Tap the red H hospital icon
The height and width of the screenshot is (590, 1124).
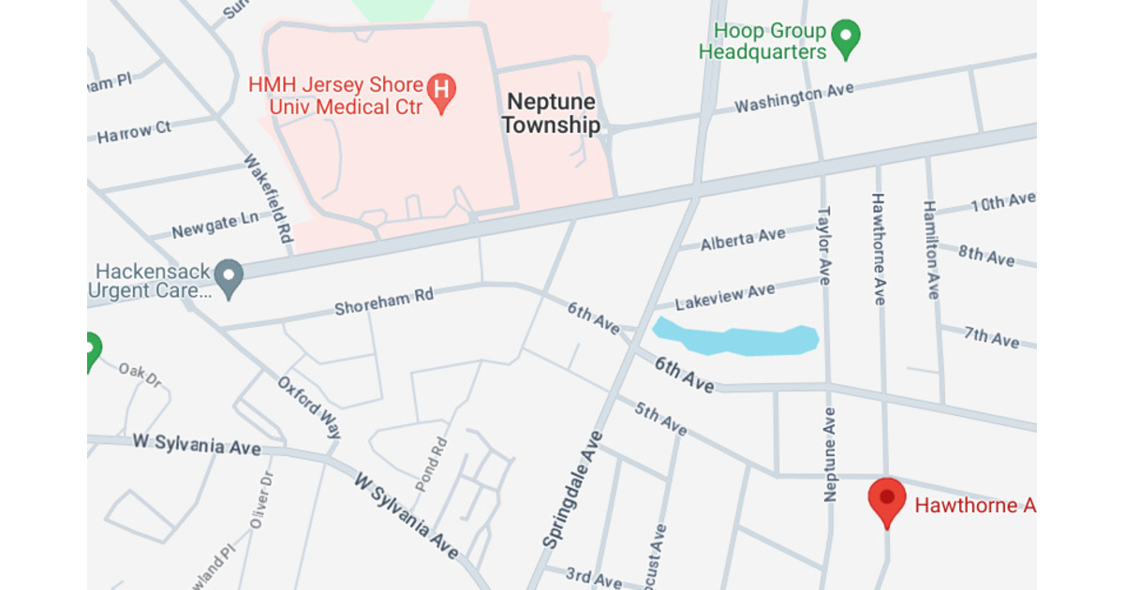442,91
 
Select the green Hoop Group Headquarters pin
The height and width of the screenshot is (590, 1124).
846,38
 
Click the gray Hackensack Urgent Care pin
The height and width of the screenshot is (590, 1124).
229,276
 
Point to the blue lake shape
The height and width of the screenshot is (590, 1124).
735,339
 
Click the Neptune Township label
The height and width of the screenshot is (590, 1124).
551,113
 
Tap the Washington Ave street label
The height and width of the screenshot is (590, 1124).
793,97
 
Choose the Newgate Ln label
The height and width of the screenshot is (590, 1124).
215,225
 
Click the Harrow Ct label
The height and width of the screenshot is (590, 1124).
135,131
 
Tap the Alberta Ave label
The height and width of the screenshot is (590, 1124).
743,240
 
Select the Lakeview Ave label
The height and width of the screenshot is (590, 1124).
725,296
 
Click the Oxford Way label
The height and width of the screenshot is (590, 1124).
309,407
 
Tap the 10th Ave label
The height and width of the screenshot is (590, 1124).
1002,201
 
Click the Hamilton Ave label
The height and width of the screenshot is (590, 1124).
930,249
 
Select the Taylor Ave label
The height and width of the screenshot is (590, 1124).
824,245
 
